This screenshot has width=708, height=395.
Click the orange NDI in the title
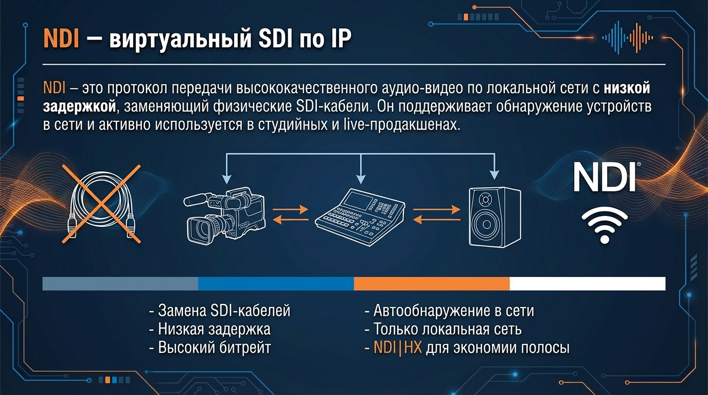click(x=61, y=39)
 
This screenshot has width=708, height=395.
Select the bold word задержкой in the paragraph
click(x=79, y=106)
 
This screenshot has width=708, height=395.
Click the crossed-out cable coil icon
click(x=101, y=204)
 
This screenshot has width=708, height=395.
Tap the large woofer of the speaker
click(x=486, y=225)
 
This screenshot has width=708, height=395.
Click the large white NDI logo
click(x=605, y=177)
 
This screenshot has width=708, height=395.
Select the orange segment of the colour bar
click(x=432, y=283)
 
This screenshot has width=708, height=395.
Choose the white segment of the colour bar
click(x=588, y=283)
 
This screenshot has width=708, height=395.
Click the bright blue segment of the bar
click(x=276, y=283)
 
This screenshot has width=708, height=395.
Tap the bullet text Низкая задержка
click(x=210, y=329)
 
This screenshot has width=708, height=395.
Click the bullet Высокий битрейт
click(x=210, y=348)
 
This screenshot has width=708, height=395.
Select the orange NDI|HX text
click(x=398, y=348)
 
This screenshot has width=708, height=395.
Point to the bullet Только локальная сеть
click(x=443, y=329)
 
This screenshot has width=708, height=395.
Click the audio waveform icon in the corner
click(x=627, y=38)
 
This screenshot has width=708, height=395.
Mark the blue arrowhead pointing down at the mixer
click(x=361, y=179)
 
